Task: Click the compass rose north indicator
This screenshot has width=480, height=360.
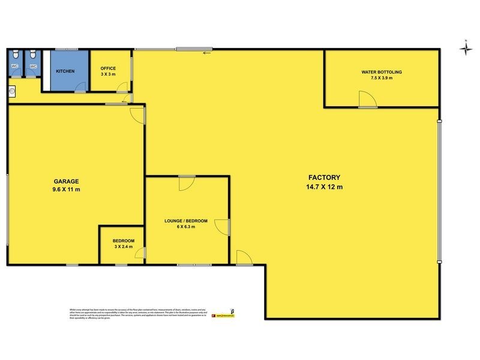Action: click(x=465, y=48)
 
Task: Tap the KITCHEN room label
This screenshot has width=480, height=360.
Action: click(x=65, y=71)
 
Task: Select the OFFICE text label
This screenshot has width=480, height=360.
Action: click(x=108, y=68)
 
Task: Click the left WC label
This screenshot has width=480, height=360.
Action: click(x=15, y=66)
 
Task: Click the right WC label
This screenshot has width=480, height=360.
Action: click(x=33, y=66)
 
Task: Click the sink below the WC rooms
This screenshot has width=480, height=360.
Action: click(x=13, y=92)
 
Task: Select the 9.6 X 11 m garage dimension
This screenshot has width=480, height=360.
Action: click(x=65, y=189)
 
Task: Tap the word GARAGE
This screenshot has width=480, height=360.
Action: click(x=65, y=181)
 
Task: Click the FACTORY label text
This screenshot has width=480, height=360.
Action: click(x=325, y=178)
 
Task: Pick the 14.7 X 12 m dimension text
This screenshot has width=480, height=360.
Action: click(x=325, y=187)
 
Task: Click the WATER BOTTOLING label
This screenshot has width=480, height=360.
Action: click(x=382, y=72)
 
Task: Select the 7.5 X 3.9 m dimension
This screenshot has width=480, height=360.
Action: click(x=382, y=78)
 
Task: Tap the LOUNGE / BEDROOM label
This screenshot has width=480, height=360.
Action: click(x=186, y=221)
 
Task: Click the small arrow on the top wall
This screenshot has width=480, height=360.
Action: click(x=207, y=53)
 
